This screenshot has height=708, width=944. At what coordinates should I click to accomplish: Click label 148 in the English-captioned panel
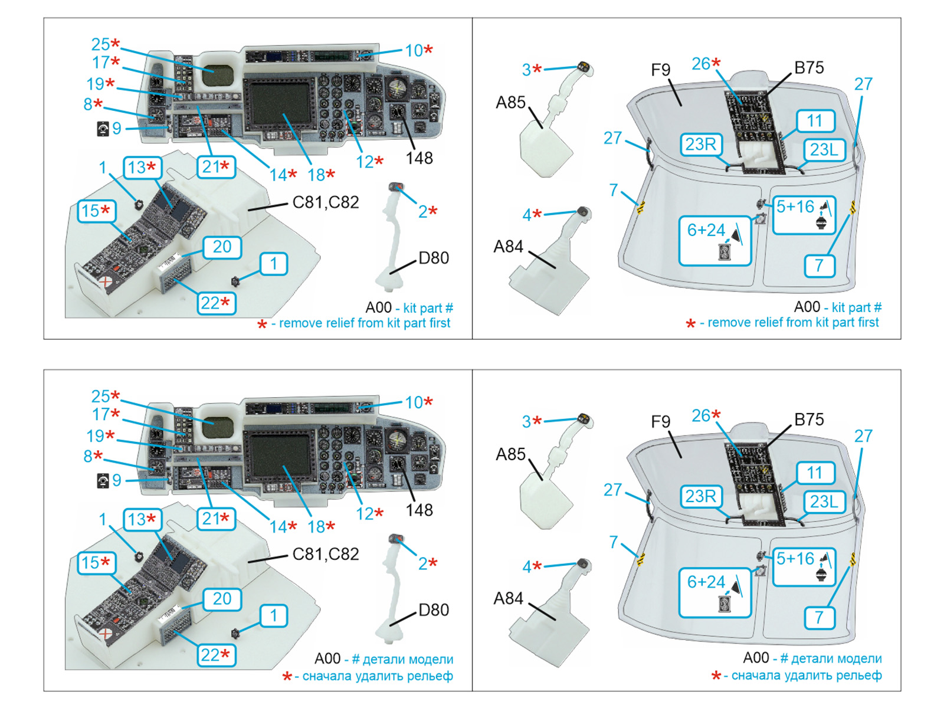(x=419, y=158)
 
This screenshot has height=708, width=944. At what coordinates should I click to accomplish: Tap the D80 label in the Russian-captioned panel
(x=434, y=610)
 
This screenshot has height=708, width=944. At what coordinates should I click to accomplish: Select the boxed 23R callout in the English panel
(x=701, y=145)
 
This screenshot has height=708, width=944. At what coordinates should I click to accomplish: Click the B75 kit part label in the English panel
(x=809, y=68)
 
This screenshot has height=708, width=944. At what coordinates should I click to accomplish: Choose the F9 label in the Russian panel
(x=661, y=422)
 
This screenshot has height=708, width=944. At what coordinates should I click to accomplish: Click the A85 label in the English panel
(x=510, y=103)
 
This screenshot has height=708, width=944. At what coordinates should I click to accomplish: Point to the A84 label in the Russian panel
(x=508, y=598)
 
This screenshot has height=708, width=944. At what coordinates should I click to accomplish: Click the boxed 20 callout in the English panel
(x=222, y=247)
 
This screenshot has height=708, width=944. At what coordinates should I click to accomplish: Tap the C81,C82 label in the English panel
(x=326, y=202)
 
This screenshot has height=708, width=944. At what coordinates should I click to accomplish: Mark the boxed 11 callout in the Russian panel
(x=814, y=473)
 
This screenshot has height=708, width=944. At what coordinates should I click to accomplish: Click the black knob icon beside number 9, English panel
(x=103, y=129)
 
